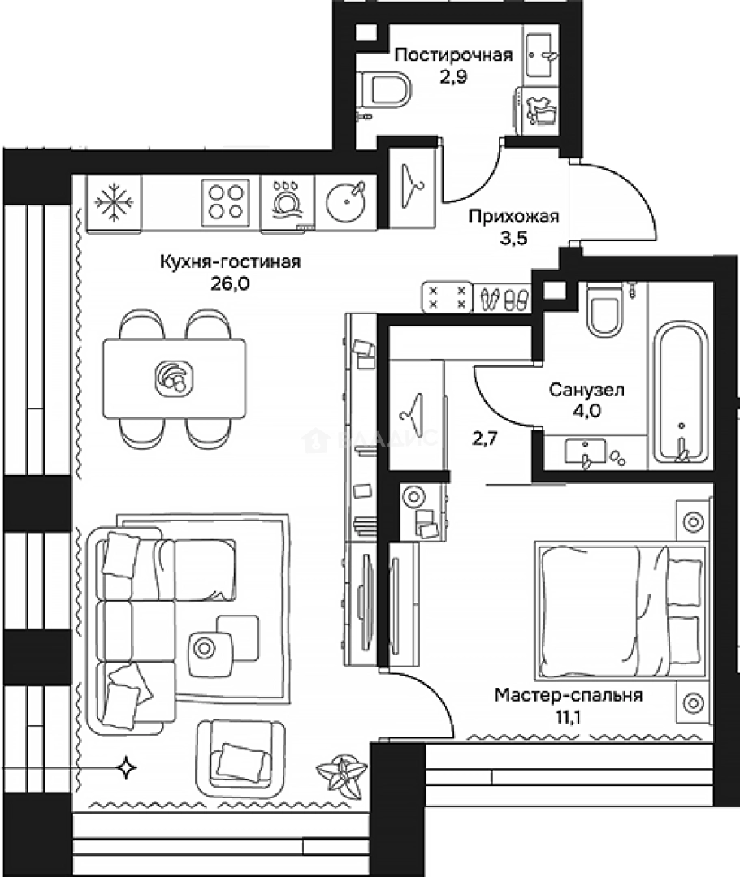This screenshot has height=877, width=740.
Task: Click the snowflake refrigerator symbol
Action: (114, 202)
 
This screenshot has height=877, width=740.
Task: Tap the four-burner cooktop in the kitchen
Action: (226, 202)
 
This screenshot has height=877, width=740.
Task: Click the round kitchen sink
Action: (345, 202)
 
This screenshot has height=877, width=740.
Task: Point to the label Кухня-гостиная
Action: (231, 261)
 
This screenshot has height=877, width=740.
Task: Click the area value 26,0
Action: (230, 283)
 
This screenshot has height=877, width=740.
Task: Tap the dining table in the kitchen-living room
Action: (174, 378)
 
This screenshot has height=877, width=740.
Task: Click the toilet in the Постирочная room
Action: (383, 89)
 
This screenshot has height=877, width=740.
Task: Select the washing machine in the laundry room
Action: (536, 110)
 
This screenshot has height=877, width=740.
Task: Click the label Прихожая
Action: (513, 217)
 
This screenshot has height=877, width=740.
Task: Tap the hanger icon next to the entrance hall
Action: (413, 188)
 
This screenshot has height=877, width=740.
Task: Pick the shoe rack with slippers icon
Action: (502, 296)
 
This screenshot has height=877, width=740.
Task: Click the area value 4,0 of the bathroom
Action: (586, 411)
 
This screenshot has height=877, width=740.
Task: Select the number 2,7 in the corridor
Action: (484, 438)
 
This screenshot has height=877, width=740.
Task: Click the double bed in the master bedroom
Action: (620, 610)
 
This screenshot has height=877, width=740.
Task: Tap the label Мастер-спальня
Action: (569, 695)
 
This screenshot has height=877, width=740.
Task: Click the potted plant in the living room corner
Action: (342, 774)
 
